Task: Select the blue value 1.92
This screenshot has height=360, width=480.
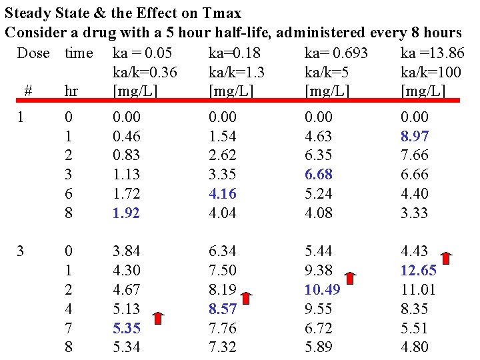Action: point(127,213)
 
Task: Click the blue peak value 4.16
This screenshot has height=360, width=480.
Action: point(222,194)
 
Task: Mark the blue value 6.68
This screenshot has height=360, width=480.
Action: point(318,175)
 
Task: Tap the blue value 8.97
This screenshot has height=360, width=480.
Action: point(414,136)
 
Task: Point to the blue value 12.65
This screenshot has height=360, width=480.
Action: point(418,271)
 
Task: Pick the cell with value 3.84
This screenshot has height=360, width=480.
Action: point(127,251)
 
